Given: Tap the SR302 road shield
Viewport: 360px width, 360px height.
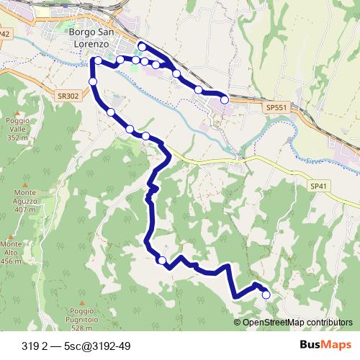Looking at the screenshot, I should click(x=68, y=95).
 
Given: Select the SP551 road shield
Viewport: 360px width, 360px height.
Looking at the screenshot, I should click(x=276, y=107).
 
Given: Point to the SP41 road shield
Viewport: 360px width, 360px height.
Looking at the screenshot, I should click(x=319, y=186).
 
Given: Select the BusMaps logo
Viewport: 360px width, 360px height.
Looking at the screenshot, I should click(x=325, y=345).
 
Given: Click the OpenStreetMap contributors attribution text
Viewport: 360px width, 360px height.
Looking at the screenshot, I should click(x=297, y=323).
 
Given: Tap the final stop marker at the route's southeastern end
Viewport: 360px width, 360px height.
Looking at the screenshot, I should click(x=266, y=294).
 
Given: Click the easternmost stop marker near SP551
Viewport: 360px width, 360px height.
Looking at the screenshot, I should click(x=224, y=99).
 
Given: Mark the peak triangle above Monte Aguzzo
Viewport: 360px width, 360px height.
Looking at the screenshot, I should click(x=25, y=183).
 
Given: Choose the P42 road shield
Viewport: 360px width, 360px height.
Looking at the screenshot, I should click(x=5, y=34).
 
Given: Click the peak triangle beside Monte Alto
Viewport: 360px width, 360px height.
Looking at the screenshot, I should click(x=10, y=236).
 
